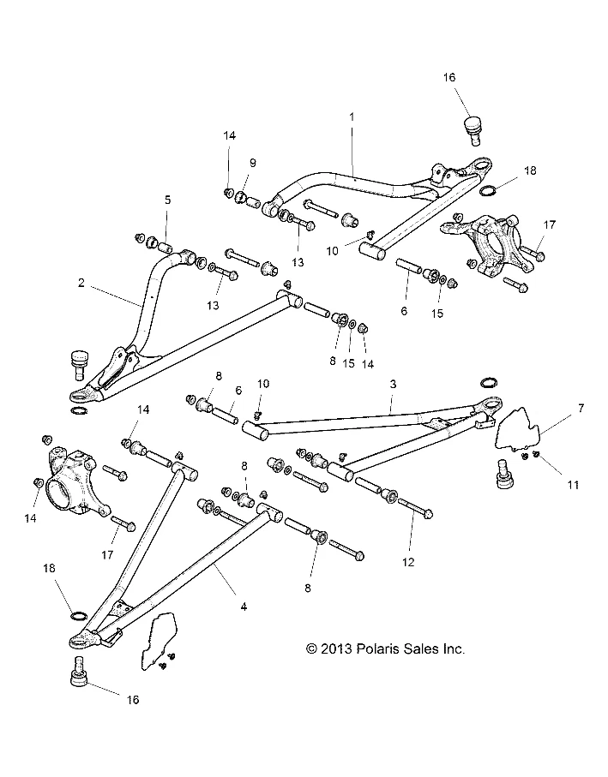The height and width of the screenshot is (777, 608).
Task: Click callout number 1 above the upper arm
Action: [x=351, y=115]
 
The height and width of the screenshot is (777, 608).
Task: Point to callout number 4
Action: [x=244, y=607]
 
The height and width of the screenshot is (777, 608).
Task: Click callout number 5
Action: [x=168, y=200]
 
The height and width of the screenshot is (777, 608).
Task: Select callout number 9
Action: [x=228, y=162]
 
